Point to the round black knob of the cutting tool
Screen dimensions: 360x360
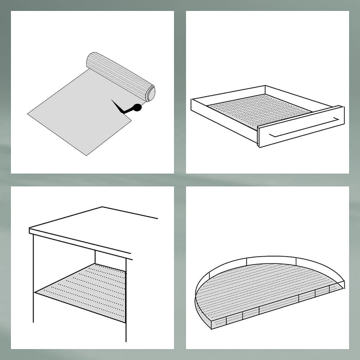tap(136, 107)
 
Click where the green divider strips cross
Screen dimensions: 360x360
tap(179, 179)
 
